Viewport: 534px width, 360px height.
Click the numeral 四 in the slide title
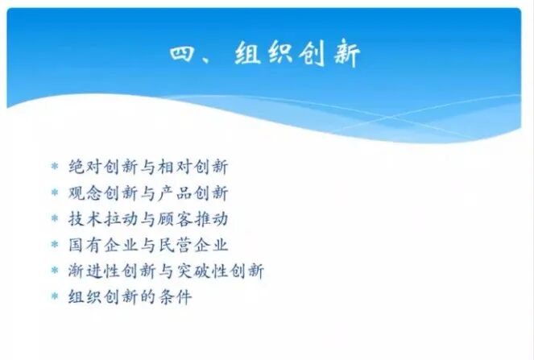pos(184,56)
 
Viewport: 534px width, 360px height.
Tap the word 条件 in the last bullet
pos(176,296)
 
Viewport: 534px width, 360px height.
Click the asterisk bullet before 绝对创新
pos(55,168)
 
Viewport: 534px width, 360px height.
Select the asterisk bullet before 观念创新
pos(55,193)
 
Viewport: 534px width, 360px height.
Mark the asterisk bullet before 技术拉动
pos(55,219)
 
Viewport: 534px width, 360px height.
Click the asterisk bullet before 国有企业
pos(55,245)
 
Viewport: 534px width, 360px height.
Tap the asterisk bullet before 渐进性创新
pos(55,271)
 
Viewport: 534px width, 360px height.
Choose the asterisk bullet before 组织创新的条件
pos(55,297)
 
